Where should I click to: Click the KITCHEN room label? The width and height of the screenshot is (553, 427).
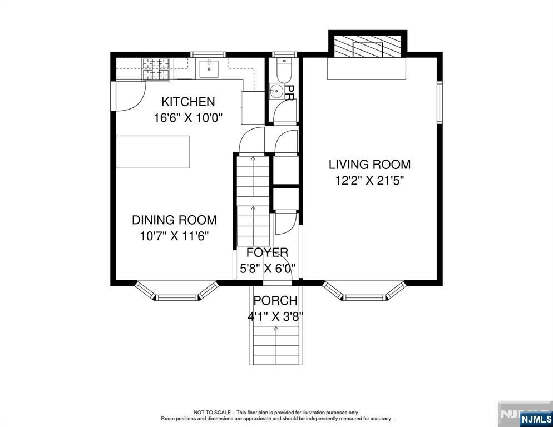(x=188, y=102)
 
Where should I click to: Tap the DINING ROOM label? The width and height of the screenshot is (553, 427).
(x=174, y=220)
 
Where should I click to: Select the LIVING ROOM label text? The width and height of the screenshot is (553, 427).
(x=369, y=165)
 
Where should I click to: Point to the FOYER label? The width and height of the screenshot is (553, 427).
(x=267, y=252)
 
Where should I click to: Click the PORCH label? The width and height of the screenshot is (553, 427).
(x=275, y=300)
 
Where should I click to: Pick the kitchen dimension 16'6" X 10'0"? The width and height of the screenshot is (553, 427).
(x=189, y=117)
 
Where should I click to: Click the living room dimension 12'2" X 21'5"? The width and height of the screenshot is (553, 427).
(x=369, y=181)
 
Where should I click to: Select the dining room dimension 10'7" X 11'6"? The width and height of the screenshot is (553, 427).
(x=175, y=236)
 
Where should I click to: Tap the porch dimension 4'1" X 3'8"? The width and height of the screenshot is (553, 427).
(x=275, y=316)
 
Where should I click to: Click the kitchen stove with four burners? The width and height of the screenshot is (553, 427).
(x=156, y=69)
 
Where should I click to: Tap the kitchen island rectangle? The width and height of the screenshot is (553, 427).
(x=154, y=152)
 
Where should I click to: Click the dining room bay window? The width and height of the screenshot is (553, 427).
(x=177, y=291)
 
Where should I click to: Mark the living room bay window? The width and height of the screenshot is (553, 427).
(x=364, y=291)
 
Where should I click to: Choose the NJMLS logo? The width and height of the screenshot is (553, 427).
(x=536, y=419)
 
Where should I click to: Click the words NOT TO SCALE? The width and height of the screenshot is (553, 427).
(x=212, y=412)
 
